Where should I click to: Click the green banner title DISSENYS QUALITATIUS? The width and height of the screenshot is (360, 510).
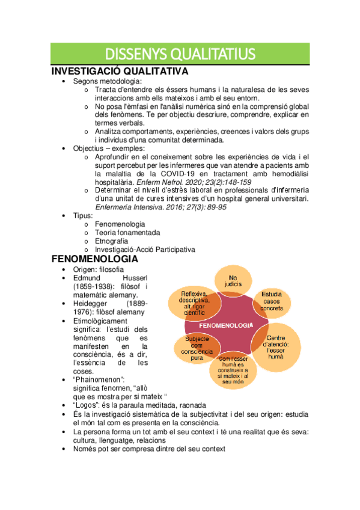[x=180, y=54]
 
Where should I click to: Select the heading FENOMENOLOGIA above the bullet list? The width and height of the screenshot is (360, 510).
[x=95, y=259]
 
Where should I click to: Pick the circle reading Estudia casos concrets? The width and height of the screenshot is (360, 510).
[x=272, y=301]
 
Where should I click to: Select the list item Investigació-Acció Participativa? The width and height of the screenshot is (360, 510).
[x=145, y=250]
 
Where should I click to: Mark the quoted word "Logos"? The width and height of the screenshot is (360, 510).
[x=87, y=405]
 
